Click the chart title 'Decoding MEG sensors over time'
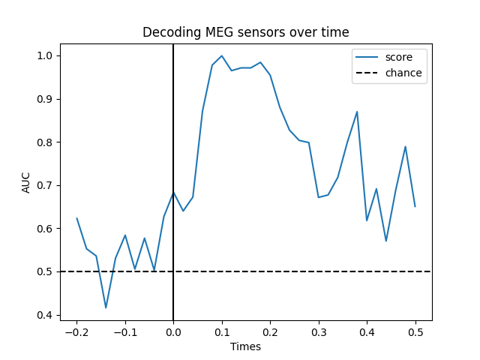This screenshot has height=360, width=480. click(x=246, y=32)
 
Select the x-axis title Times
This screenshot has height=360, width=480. click(x=246, y=346)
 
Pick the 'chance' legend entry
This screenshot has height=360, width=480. click(x=403, y=73)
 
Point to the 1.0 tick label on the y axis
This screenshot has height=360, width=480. click(x=46, y=55)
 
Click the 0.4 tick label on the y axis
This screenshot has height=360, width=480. click(x=46, y=315)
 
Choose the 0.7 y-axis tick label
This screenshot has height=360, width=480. click(x=46, y=185)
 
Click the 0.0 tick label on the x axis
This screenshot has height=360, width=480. click(x=173, y=331)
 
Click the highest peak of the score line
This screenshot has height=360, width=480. click(x=222, y=55)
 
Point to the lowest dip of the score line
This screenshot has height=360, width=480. click(x=106, y=307)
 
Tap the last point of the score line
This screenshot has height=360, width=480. click(x=415, y=206)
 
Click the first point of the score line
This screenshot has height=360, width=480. click(x=76, y=218)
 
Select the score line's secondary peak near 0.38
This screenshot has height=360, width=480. click(x=357, y=112)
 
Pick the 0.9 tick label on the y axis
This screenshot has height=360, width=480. click(x=46, y=99)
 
